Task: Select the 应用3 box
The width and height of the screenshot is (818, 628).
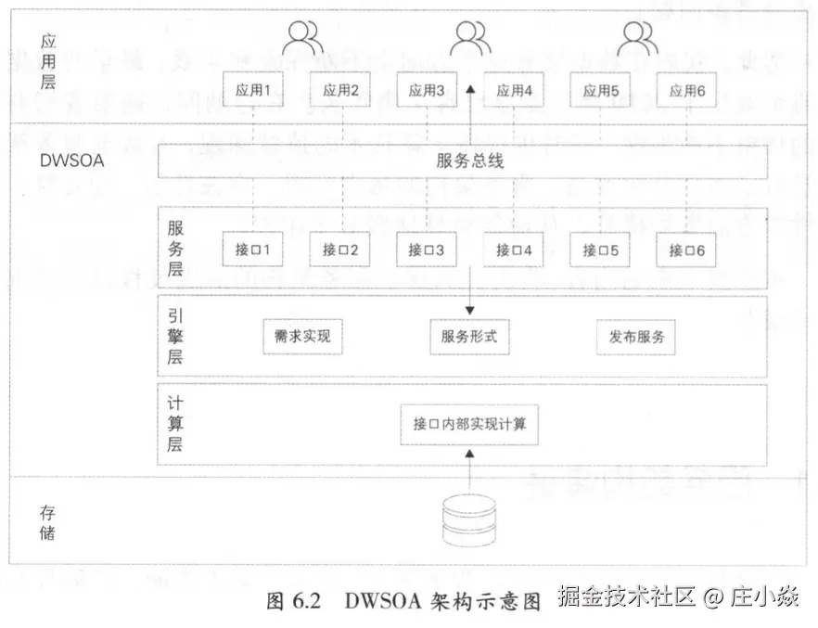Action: (427, 91)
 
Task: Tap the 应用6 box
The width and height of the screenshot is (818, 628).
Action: (687, 91)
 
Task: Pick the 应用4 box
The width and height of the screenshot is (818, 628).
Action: (514, 91)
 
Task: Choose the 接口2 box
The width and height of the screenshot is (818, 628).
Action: (339, 250)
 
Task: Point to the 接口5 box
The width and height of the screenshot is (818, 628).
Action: (600, 250)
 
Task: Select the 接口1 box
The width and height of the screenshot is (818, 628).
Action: (252, 250)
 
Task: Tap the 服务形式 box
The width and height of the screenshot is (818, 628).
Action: (469, 337)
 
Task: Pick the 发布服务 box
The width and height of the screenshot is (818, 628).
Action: (636, 337)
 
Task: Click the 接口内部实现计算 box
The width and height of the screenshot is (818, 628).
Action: (469, 424)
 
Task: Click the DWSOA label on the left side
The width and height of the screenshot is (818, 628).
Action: (72, 160)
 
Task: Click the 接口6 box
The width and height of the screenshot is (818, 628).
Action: (687, 250)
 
